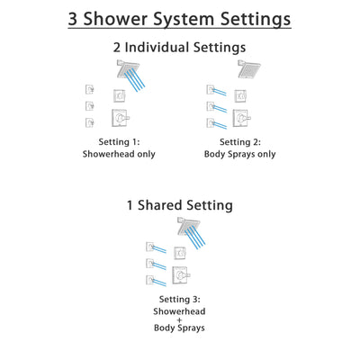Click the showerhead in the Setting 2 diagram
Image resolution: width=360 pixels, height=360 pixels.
(247, 69)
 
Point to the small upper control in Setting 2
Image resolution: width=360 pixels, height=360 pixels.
(239, 95)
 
